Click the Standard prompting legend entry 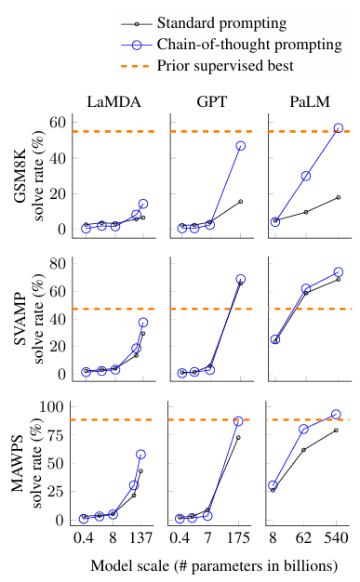pyautogui.click(x=204, y=23)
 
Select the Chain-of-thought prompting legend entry pyautogui.click(x=232, y=45)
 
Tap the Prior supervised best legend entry pyautogui.click(x=207, y=66)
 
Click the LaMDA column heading pyautogui.click(x=113, y=101)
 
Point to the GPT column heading pyautogui.click(x=212, y=101)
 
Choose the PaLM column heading pyautogui.click(x=310, y=101)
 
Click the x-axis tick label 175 pyautogui.click(x=238, y=537)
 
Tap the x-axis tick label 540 pyautogui.click(x=336, y=537)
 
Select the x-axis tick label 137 pyautogui.click(x=140, y=537)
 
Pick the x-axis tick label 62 pyautogui.click(x=303, y=537)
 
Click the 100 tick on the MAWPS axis pyautogui.click(x=52, y=407)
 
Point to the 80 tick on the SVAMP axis pyautogui.click(x=58, y=263)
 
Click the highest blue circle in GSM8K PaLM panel pyautogui.click(x=339, y=128)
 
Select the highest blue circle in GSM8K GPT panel pyautogui.click(x=240, y=146)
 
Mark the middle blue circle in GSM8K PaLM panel pyautogui.click(x=306, y=176)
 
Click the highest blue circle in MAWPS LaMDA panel pyautogui.click(x=140, y=455)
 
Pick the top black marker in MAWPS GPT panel pyautogui.click(x=238, y=438)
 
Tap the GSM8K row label pyautogui.click(x=20, y=176)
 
